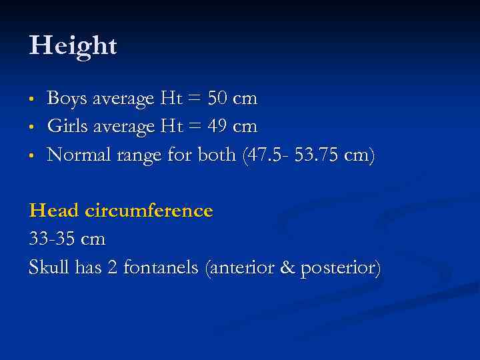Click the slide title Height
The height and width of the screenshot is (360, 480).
73,47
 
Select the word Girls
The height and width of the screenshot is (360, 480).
67,127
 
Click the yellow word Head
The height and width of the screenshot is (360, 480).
54,211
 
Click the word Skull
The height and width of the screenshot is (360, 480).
49,267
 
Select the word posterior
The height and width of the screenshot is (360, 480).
340,268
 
